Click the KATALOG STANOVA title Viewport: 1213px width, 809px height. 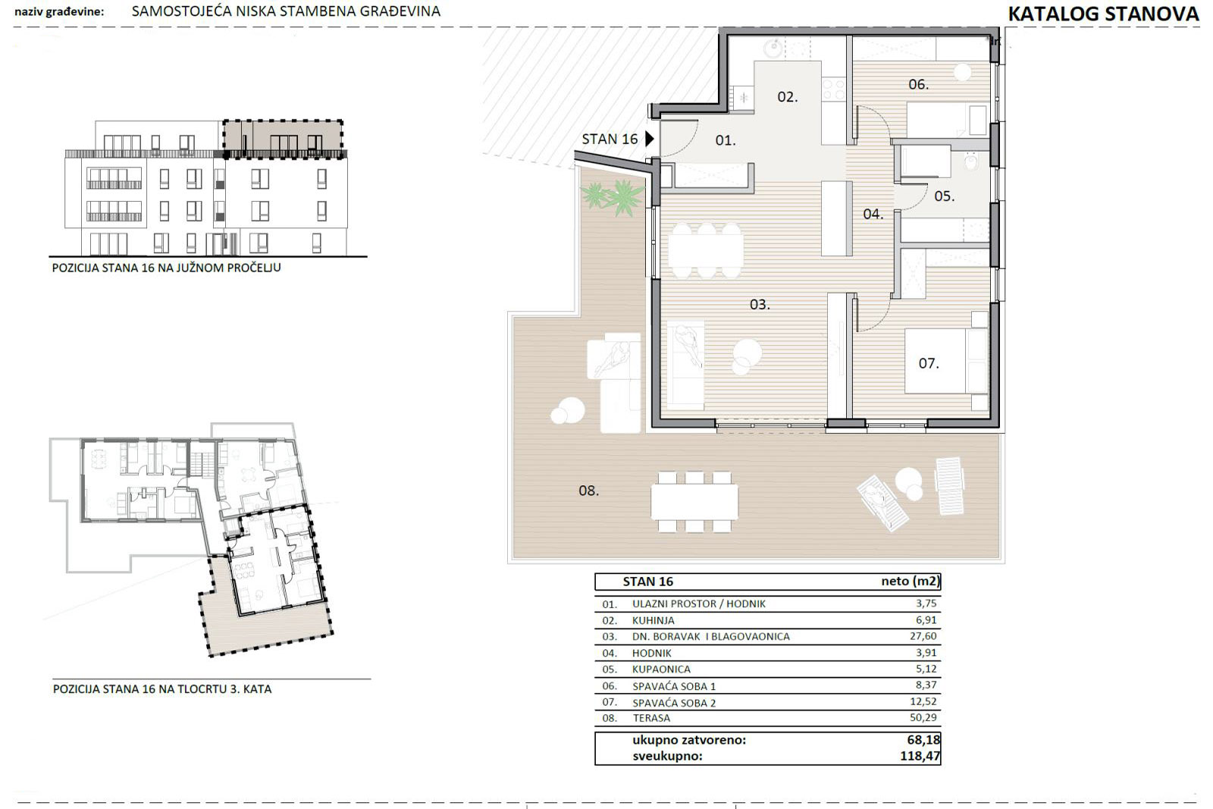(x=1103, y=14)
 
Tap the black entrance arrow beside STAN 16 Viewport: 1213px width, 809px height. (x=650, y=140)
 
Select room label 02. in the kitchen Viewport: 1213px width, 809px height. (x=788, y=97)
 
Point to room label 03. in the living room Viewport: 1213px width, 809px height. (x=760, y=305)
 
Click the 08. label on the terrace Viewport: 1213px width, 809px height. (x=588, y=491)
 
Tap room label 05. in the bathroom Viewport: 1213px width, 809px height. (x=945, y=196)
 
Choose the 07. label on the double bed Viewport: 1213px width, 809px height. (x=929, y=363)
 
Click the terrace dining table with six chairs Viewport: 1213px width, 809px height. (x=694, y=502)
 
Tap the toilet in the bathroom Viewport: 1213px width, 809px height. (x=971, y=162)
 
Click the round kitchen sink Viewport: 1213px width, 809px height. (x=773, y=49)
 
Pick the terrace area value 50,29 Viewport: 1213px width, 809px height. (x=923, y=717)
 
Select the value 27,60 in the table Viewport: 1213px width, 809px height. (x=923, y=636)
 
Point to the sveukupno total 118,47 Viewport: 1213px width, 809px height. (x=920, y=756)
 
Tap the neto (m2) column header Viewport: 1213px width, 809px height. (x=911, y=582)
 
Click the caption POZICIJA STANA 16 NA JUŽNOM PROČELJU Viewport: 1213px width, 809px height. (x=166, y=268)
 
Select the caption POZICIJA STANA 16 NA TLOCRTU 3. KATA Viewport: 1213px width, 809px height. (x=162, y=689)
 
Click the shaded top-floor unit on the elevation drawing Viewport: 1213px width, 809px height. (x=283, y=139)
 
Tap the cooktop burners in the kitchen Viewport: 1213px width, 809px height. (x=834, y=89)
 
